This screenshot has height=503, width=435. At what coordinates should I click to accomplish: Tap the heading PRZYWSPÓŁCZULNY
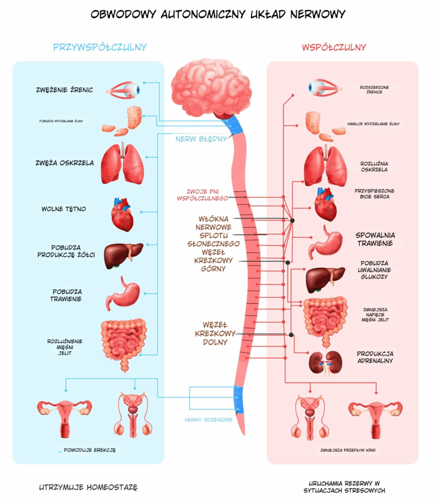tap(100, 47)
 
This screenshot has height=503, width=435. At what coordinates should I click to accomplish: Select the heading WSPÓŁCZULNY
tap(334, 47)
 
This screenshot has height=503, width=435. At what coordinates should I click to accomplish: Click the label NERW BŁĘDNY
tap(201, 139)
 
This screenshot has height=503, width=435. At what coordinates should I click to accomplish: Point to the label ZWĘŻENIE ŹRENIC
tap(64, 90)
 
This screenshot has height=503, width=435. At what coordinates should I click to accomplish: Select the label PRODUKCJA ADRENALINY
tap(375, 357)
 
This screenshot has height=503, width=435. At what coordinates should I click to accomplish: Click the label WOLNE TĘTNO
tap(63, 209)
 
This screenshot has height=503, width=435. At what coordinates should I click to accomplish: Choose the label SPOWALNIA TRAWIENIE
tap(375, 239)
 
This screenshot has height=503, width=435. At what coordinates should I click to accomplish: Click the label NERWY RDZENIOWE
tap(209, 420)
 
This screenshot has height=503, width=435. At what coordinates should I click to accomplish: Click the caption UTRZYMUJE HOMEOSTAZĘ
tap(88, 487)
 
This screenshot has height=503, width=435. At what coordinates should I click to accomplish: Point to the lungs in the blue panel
tap(122, 164)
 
